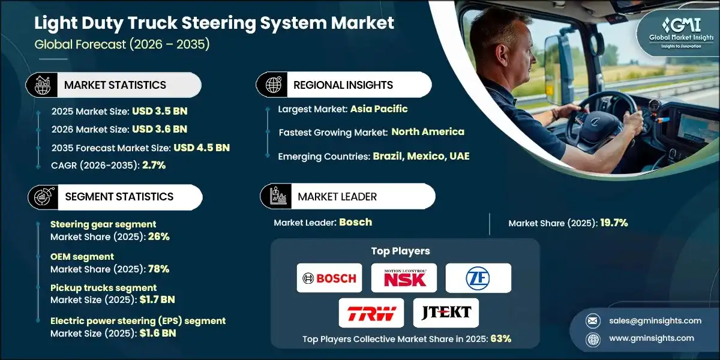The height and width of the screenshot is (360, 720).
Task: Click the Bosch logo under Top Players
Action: (x=329, y=278)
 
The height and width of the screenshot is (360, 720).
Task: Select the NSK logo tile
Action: (x=404, y=278)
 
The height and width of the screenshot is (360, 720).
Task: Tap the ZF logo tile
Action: (x=478, y=278)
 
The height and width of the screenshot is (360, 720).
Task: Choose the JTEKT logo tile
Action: (x=446, y=312)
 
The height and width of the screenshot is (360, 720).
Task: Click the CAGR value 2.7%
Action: (x=155, y=165)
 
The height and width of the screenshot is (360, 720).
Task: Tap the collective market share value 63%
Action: (x=500, y=338)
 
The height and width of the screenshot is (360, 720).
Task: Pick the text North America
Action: (x=428, y=131)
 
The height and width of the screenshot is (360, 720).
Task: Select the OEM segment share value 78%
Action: (x=158, y=268)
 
